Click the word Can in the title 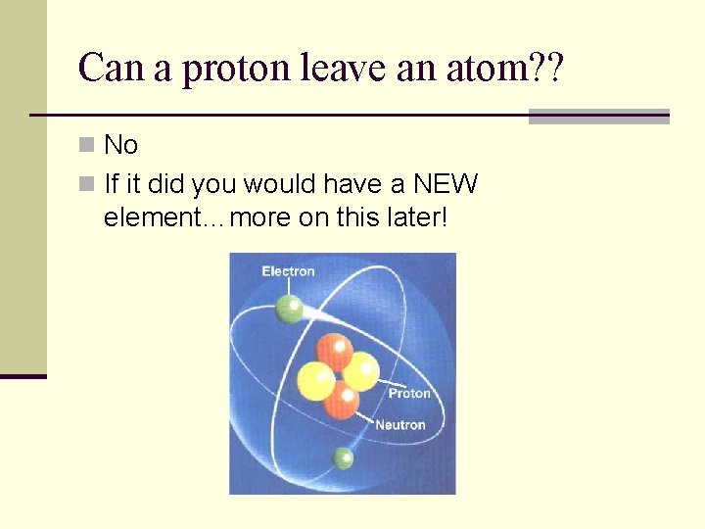tap(104, 69)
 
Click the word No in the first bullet tap(120, 146)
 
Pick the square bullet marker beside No tap(87, 146)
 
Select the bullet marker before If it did tap(87, 183)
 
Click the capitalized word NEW tap(445, 183)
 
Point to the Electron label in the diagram tap(288, 271)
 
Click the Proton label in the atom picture tap(409, 394)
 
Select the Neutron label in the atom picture tap(400, 425)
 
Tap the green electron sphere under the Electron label tap(290, 310)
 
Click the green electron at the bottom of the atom tap(344, 457)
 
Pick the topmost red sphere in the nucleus tap(334, 351)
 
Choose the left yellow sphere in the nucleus tap(315, 380)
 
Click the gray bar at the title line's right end tap(598, 117)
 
